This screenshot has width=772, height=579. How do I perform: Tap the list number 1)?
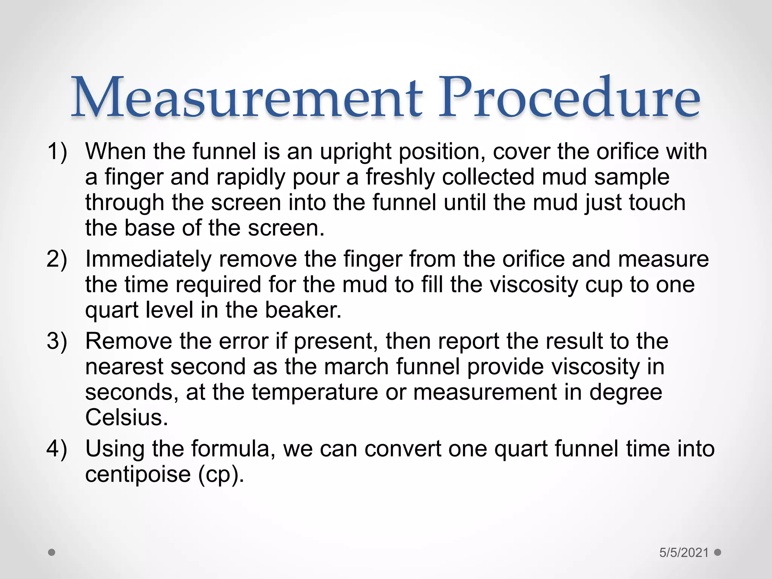(57, 152)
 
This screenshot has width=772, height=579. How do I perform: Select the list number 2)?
(57, 259)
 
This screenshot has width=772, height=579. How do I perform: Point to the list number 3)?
(57, 341)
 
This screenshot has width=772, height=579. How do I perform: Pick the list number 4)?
(57, 449)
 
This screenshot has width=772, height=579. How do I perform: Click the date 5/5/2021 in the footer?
(684, 553)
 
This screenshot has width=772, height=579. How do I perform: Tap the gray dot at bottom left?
(52, 553)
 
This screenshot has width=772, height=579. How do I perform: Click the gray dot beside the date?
(718, 552)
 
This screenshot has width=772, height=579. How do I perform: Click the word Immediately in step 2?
(148, 259)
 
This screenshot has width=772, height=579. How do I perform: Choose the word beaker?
(303, 310)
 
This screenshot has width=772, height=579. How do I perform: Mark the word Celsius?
(126, 418)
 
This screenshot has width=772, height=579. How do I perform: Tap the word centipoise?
(138, 474)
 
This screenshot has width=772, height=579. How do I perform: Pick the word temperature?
(315, 392)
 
